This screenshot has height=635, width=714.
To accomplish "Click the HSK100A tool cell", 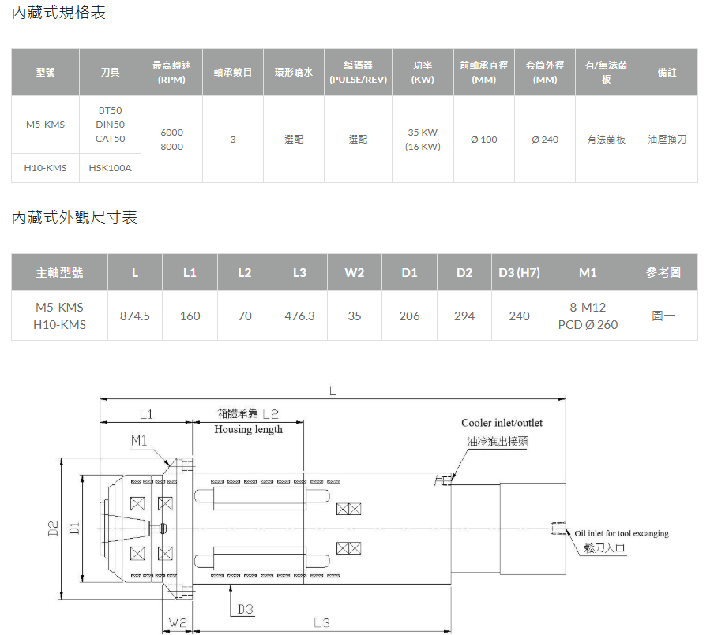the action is click(x=111, y=168).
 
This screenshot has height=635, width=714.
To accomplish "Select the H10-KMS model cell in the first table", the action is click(x=45, y=168).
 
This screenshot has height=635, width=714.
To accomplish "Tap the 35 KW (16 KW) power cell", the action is click(x=423, y=139).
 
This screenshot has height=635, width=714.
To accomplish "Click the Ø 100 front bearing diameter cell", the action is click(x=483, y=140).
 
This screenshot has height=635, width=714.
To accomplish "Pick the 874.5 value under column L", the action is click(x=135, y=316).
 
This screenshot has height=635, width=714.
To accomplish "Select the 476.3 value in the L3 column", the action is click(x=299, y=316).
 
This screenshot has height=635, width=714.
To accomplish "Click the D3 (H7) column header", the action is click(x=519, y=272).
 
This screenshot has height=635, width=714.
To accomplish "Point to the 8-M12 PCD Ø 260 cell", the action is click(x=588, y=316).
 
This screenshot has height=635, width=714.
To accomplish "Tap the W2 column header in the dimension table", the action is click(x=355, y=272).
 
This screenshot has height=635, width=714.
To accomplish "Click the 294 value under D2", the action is click(x=464, y=316).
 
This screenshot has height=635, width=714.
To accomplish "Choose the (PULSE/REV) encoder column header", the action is click(x=359, y=80).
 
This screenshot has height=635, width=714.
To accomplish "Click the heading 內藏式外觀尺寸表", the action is click(x=74, y=218).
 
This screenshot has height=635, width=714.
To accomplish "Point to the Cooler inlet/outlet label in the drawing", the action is click(x=502, y=423).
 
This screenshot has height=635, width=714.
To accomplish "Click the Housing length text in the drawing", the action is click(x=248, y=429).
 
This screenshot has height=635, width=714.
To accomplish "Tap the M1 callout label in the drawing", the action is click(x=139, y=440).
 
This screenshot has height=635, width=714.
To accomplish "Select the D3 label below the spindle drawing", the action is click(x=246, y=609).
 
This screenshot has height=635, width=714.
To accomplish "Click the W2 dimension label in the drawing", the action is click(x=178, y=622).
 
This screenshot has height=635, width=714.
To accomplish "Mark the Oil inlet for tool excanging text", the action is click(x=622, y=533).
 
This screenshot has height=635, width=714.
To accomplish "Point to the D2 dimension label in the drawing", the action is click(x=53, y=529).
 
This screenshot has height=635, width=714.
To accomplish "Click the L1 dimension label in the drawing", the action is click(x=146, y=414).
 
